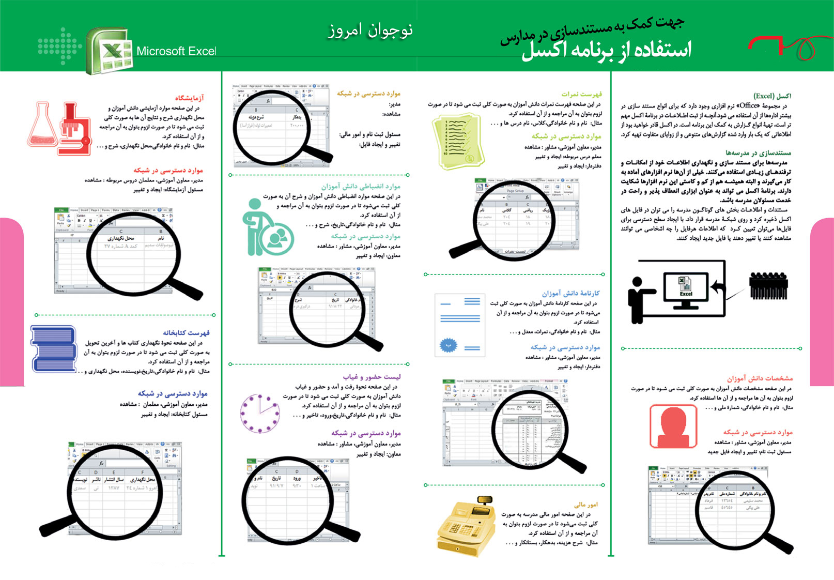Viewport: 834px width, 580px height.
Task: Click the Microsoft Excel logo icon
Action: pyautogui.click(x=110, y=51)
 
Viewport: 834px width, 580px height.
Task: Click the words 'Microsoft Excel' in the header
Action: pyautogui.click(x=176, y=51)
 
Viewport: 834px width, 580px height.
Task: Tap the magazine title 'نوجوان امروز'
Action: pyautogui.click(x=370, y=30)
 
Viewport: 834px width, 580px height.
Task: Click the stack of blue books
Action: pyautogui.click(x=53, y=349)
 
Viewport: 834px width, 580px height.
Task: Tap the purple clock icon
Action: pyautogui.click(x=259, y=413)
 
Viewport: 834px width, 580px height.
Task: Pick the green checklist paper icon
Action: pyautogui.click(x=457, y=141)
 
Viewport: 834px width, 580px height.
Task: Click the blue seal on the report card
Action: pyautogui.click(x=448, y=345)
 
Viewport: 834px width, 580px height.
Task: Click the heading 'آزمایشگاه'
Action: pyautogui.click(x=189, y=98)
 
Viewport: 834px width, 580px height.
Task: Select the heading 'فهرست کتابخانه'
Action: pyautogui.click(x=186, y=333)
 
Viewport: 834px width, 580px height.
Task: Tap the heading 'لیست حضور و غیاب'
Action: pyautogui.click(x=372, y=377)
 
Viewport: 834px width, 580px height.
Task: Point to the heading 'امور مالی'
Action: pyautogui.click(x=585, y=505)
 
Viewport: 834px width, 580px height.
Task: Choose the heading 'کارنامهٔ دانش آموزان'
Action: pyautogui.click(x=570, y=293)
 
